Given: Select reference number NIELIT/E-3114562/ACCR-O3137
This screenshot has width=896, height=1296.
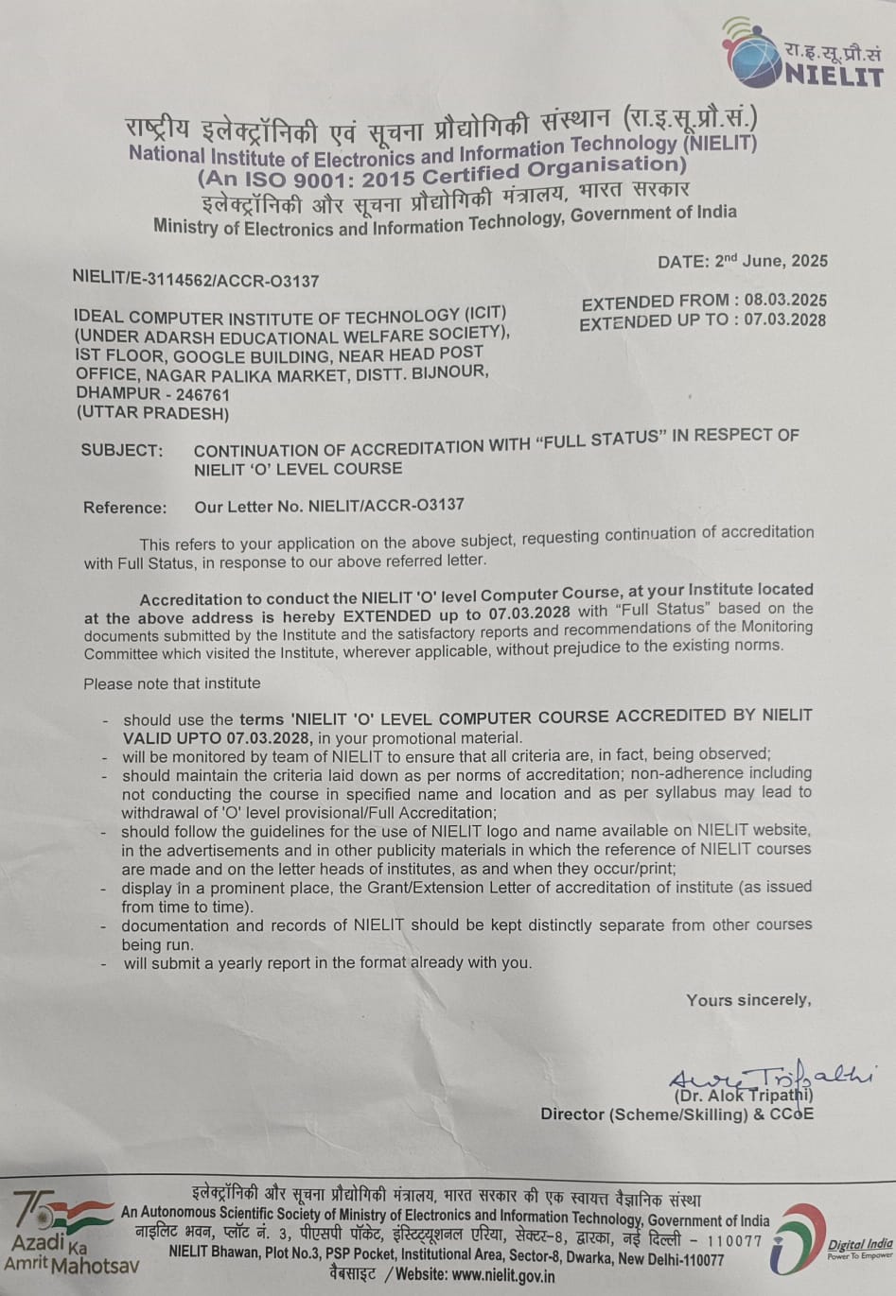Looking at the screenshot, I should [196, 280].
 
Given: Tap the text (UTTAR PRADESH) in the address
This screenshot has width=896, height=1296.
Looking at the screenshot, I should [152, 413].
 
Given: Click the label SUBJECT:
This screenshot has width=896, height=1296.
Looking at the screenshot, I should [121, 450].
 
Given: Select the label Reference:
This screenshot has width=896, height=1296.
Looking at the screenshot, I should [125, 508].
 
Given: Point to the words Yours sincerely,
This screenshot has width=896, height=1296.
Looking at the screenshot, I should [748, 1000].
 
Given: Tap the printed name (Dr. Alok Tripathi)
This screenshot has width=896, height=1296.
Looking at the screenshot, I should [743, 1096].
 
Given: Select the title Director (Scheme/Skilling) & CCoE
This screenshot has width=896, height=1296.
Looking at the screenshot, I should [676, 1115].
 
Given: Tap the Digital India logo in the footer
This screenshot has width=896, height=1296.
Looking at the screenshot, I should [833, 1239].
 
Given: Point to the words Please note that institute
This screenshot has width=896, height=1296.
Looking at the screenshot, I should [171, 683].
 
